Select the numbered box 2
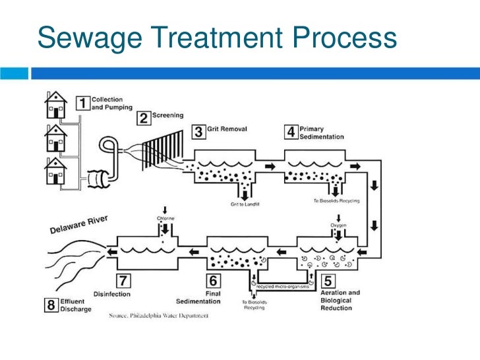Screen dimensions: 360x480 click(x=143, y=118)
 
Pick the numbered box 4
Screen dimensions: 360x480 click(x=290, y=131)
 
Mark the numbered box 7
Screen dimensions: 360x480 click(x=124, y=280)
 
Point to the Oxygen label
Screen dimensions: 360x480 click(x=338, y=225)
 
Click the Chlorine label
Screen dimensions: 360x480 click(x=165, y=218)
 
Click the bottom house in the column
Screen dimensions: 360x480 click(x=56, y=172)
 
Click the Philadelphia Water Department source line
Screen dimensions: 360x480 click(x=158, y=316)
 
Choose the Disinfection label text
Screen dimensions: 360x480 click(x=111, y=294)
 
